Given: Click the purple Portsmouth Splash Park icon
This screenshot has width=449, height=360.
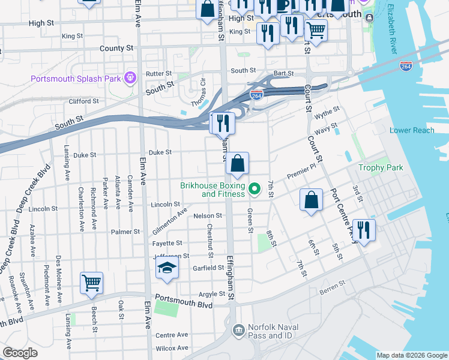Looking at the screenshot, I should coord(129,77).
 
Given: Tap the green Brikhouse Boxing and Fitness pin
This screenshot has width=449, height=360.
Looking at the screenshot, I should coord(255,190).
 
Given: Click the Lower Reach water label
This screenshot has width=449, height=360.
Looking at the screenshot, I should coord(411,130).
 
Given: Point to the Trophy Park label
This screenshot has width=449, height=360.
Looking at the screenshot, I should coord(381,167).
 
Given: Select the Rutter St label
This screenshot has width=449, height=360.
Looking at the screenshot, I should coord(158,74).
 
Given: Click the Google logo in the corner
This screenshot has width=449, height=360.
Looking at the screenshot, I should coord(20,353).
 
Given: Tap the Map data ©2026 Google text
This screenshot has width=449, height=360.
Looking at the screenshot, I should coord(412,355).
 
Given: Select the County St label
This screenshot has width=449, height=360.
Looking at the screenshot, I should coord(116,48).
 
